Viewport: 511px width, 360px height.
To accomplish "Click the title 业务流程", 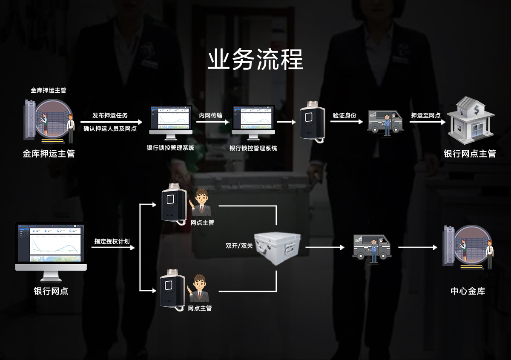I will coord(255,60).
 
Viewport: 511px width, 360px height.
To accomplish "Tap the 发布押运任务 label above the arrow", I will coord(110,116).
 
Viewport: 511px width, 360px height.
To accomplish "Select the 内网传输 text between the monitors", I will coord(211,115).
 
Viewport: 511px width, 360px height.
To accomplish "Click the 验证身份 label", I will coord(344,115).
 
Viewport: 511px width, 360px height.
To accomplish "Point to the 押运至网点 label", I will coord(425,116).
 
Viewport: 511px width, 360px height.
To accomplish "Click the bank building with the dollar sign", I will coord(470,120).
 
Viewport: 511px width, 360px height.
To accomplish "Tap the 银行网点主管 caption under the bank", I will coord(470,154).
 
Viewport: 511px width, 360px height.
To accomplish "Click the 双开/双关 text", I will coord(239,246).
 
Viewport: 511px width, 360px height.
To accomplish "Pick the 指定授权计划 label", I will coord(112,241).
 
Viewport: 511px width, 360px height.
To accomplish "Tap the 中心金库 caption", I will coord(468,291).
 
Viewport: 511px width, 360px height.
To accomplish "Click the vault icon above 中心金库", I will coord(468,247).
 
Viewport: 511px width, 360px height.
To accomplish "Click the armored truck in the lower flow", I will coord(371,247).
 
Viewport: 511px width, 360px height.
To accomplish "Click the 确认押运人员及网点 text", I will coord(110,129).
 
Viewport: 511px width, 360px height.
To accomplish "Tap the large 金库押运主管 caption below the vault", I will coord(49,154).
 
